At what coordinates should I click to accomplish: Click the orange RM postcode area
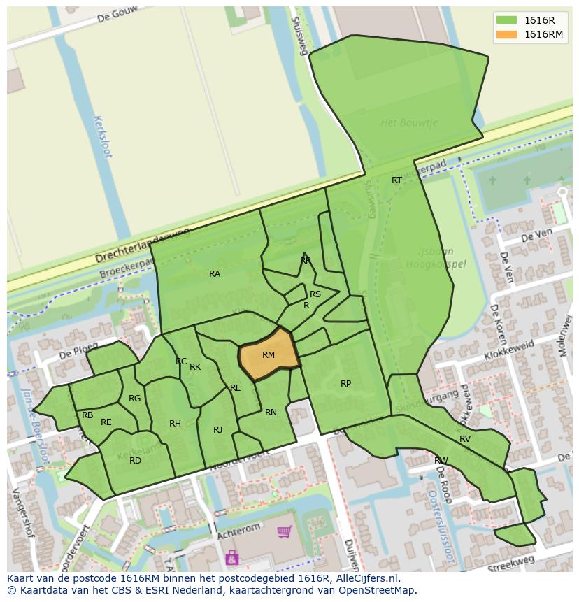(269, 355)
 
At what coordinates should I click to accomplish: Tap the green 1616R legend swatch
(507, 20)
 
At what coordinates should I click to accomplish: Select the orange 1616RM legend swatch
(507, 34)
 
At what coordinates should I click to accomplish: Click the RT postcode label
(396, 180)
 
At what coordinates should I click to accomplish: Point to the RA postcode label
(215, 274)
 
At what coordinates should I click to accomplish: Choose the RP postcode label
(345, 384)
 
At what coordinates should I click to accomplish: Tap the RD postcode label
(135, 460)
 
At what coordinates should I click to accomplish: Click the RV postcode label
(465, 439)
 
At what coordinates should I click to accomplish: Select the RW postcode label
(441, 460)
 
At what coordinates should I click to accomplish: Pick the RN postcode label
(271, 413)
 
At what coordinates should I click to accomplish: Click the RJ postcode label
(217, 430)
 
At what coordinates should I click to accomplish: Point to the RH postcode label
(175, 424)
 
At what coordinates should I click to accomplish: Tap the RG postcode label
(134, 399)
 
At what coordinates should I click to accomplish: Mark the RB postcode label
(87, 415)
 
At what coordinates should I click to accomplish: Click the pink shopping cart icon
(284, 533)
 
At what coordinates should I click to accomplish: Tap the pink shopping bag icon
(231, 557)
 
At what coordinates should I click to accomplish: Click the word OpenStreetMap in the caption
(378, 590)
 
